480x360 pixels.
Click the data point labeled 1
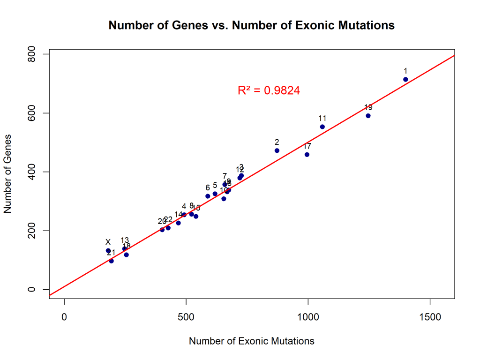pos(405,79)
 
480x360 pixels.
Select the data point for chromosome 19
pos(368,116)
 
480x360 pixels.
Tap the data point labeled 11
pos(322,127)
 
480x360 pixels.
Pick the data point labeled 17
pos(307,155)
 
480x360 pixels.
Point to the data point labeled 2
pos(277,150)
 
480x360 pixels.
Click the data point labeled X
pos(108,251)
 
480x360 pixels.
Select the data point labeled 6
pos(208,196)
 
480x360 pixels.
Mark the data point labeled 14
pos(178,223)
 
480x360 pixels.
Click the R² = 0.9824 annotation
pos(269,90)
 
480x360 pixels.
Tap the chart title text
pos(251,25)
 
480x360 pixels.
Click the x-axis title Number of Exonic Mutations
pos(251,341)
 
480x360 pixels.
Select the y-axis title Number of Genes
pos(7,173)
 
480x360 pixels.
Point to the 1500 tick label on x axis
pos(430,317)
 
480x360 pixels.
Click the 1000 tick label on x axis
pos(308,317)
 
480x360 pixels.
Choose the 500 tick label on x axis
pos(186,317)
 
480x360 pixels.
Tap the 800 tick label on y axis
pos(32,54)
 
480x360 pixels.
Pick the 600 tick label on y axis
pos(32,113)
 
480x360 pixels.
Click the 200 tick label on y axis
pos(32,231)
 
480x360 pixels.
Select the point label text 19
pos(368,107)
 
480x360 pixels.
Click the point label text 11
pos(322,118)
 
